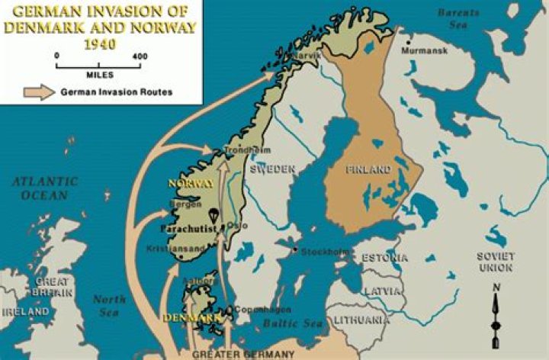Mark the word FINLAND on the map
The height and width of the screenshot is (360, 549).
click(368, 169)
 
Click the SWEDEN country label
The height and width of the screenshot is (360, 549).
click(272, 168)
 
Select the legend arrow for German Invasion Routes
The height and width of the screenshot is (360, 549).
click(36, 92)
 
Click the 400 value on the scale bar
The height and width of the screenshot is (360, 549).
click(140, 56)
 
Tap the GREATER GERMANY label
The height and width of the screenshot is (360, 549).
click(243, 355)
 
